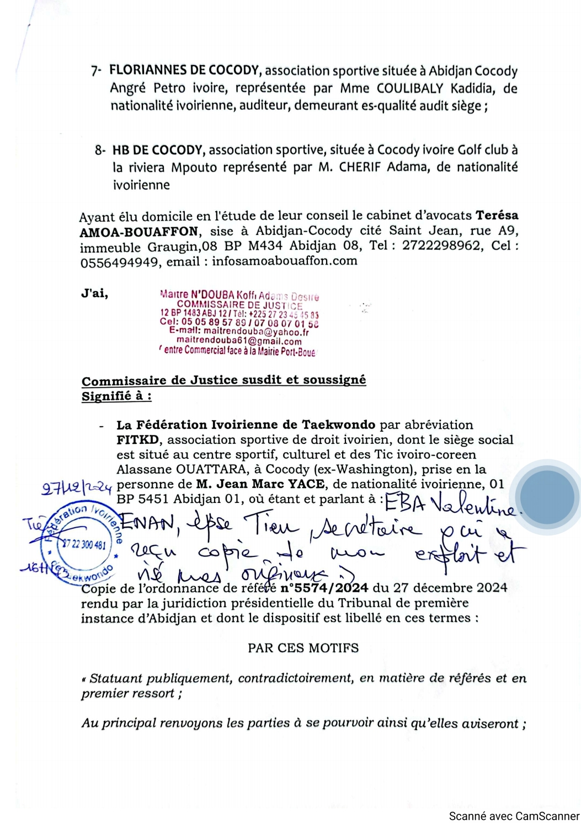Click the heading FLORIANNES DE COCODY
pos(184,71)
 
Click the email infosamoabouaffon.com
pos(284,261)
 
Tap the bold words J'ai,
pos(94,293)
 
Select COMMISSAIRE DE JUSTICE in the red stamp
pos(239,305)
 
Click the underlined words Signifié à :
pos(116,396)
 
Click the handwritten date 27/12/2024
pos(77,488)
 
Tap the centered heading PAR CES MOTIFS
pos(303,648)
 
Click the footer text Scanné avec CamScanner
pos(514,816)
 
